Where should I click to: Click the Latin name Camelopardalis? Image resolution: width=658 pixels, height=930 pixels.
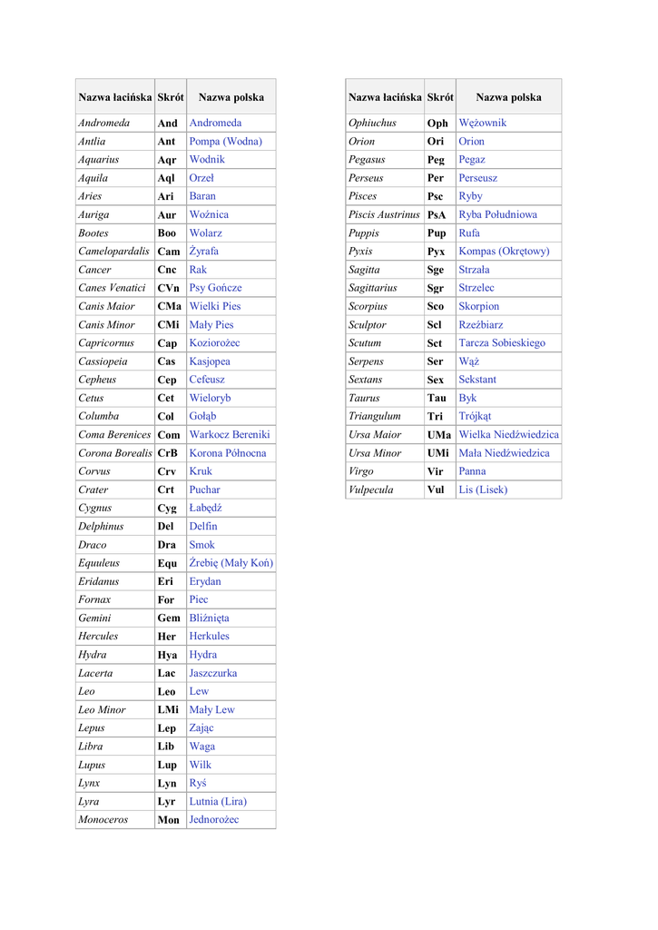click(x=114, y=252)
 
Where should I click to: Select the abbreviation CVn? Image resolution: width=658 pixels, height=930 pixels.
click(x=168, y=288)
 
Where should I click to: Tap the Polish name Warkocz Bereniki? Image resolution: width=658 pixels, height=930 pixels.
click(x=230, y=435)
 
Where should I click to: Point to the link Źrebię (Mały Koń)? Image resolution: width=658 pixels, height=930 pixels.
click(x=231, y=563)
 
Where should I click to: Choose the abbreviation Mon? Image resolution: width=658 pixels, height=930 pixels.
click(x=169, y=820)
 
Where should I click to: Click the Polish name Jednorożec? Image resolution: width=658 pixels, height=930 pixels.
click(x=214, y=820)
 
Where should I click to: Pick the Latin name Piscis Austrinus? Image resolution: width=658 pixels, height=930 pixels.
click(x=384, y=215)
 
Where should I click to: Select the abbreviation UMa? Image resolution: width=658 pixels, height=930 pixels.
click(x=438, y=435)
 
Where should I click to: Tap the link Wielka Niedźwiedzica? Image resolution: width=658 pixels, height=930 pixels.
click(x=508, y=435)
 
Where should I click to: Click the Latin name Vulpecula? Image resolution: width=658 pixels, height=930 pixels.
click(x=371, y=490)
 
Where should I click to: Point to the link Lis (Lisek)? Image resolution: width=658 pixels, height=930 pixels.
click(x=483, y=490)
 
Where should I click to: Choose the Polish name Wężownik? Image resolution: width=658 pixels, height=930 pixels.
click(x=483, y=124)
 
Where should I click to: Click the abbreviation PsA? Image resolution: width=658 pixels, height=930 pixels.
click(x=437, y=215)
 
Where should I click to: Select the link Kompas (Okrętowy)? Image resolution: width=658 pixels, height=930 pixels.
click(x=504, y=252)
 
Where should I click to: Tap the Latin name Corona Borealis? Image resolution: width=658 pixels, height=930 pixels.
click(x=115, y=453)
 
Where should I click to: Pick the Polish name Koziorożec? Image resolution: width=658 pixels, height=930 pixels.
click(x=214, y=343)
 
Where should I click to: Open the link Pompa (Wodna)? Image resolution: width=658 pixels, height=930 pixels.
click(x=225, y=142)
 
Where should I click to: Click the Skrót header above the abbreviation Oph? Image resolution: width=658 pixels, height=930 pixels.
click(x=440, y=97)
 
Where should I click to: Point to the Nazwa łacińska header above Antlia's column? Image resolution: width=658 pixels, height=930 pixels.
click(x=114, y=97)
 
